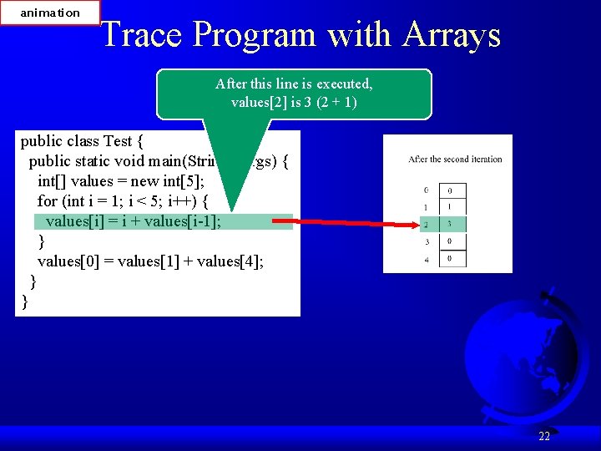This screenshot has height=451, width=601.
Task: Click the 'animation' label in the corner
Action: pyautogui.click(x=50, y=13)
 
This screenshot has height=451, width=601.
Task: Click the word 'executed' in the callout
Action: pyautogui.click(x=344, y=84)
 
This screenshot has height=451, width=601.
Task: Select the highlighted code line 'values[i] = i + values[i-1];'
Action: pyautogui.click(x=134, y=221)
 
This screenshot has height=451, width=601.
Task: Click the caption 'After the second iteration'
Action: pyautogui.click(x=455, y=159)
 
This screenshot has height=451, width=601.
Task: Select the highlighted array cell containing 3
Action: pyautogui.click(x=451, y=224)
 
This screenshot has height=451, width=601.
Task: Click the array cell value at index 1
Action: pyautogui.click(x=451, y=207)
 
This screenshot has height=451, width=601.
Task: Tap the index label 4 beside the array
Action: pyautogui.click(x=426, y=258)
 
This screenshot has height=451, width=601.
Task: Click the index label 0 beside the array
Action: pyautogui.click(x=426, y=190)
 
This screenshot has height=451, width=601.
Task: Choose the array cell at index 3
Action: pyautogui.click(x=451, y=241)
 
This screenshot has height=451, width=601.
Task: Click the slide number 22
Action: pyautogui.click(x=543, y=436)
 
